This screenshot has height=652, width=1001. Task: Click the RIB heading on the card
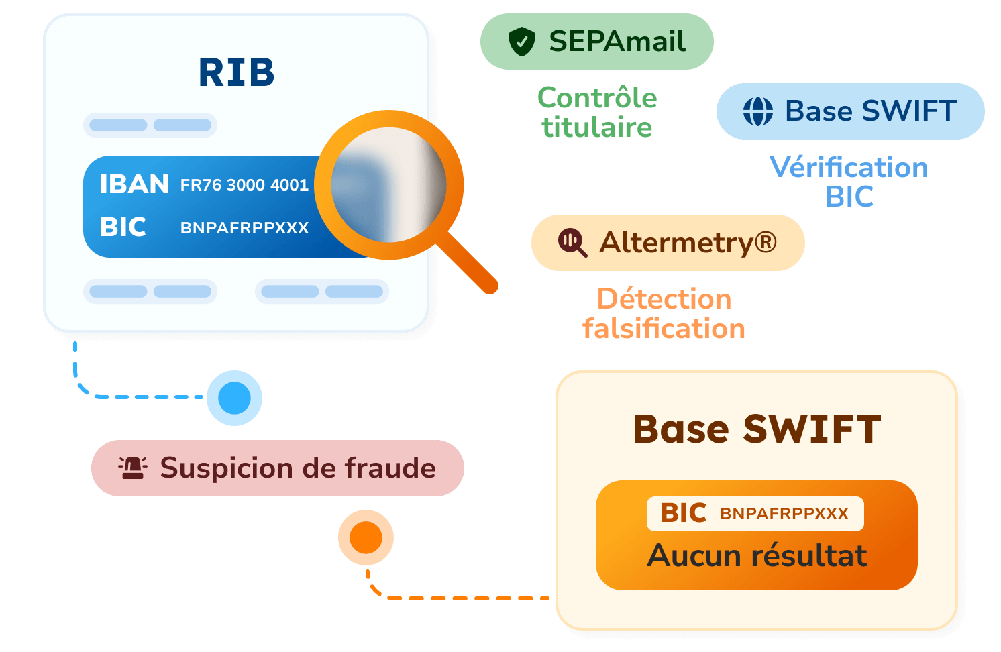pos(236,72)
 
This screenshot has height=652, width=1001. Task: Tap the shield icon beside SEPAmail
pos(521,41)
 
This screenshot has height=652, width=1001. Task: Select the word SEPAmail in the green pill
pos(617,41)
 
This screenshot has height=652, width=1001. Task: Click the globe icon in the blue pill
pos(758,111)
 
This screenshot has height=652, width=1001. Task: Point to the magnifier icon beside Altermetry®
pos(572,243)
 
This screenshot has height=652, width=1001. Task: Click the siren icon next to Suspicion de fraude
pos(133,468)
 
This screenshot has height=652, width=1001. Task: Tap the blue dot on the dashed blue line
pos(234,398)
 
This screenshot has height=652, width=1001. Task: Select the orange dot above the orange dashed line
pos(366,537)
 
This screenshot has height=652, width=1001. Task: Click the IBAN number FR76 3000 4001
pos(244,185)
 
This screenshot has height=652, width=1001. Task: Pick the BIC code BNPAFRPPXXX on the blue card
pos(244,228)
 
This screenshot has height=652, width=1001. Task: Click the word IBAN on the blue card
pos(134,184)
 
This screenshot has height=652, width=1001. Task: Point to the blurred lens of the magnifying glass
pos(388,184)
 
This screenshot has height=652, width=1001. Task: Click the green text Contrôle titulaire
pos(597,112)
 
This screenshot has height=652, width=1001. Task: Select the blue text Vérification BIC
pos(849,181)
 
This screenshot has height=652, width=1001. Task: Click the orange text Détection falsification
pos(664,313)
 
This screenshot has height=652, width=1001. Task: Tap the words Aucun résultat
pos(757,555)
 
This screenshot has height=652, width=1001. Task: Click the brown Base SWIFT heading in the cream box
pos(757,429)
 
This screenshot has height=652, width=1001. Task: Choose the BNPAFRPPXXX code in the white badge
pos(784,514)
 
